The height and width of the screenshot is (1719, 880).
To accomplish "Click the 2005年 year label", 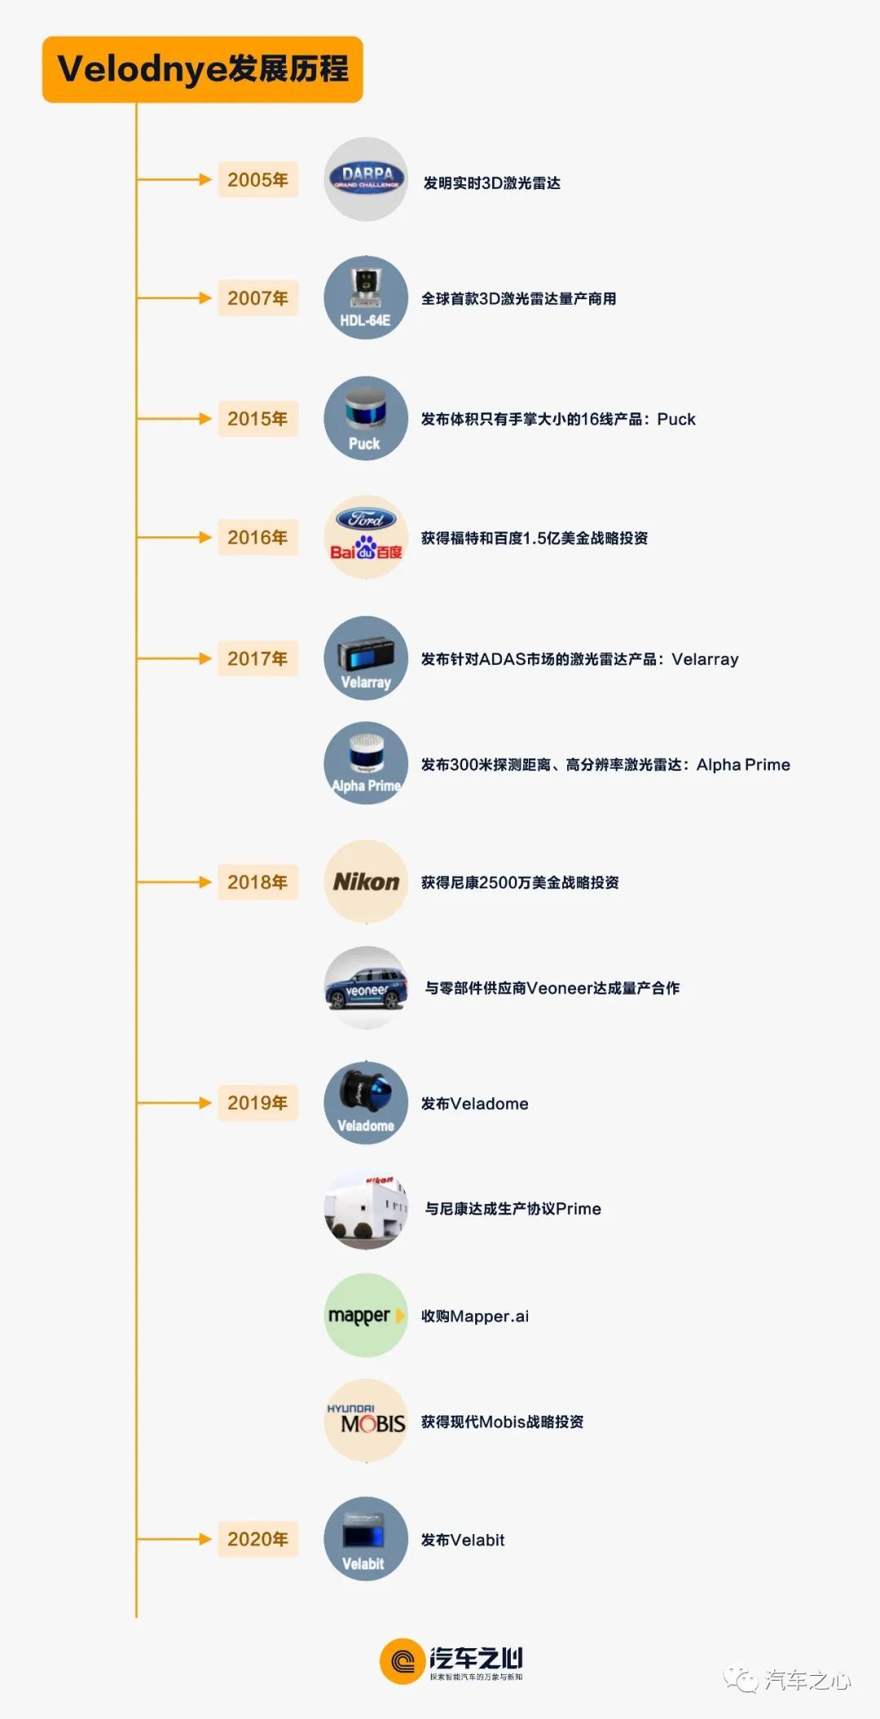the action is point(257,179).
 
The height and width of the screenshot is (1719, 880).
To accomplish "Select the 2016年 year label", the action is point(257,537).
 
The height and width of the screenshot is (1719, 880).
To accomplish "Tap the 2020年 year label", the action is point(257,1539).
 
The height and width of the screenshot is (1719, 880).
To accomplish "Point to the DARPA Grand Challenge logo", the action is point(366,178).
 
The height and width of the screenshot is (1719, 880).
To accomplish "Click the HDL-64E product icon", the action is point(366,298).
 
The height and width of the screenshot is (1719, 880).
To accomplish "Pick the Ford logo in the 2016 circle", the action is point(366,518).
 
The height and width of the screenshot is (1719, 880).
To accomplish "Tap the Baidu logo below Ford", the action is point(366,549).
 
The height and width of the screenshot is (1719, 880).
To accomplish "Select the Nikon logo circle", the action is point(366,882).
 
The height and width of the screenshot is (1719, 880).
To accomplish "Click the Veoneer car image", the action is point(366,988).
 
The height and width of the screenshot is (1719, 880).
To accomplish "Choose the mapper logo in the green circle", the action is point(366,1315).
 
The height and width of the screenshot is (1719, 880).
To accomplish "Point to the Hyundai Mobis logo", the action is point(366,1419).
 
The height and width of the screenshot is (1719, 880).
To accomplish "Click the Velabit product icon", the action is point(366,1539).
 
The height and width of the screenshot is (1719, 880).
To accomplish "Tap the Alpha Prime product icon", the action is point(366,764).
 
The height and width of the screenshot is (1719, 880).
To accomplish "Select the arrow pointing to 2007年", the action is point(174,298).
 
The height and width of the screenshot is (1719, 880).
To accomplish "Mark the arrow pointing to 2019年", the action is point(174,1103).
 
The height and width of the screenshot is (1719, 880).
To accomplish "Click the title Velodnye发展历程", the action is point(203,69).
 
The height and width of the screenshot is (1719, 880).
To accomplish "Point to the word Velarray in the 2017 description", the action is point(705,659).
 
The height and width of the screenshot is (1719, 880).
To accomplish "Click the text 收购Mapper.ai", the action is point(475,1316).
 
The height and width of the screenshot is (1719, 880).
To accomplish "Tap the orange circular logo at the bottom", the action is point(402,1661).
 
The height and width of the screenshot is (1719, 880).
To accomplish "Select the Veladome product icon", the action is point(366,1103).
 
